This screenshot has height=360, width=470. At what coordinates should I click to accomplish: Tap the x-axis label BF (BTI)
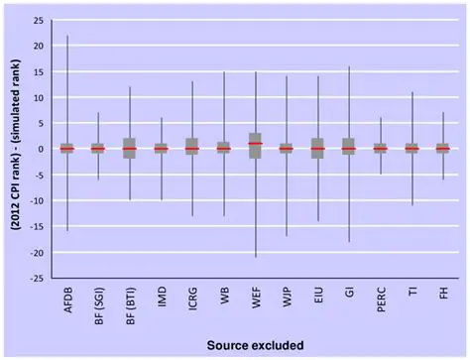pyautogui.click(x=130, y=304)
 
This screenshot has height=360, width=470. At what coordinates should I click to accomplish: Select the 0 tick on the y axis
pyautogui.click(x=39, y=149)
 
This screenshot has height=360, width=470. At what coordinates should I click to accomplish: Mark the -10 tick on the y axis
pyautogui.click(x=34, y=200)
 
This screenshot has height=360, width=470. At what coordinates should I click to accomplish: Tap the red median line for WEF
pyautogui.click(x=255, y=144)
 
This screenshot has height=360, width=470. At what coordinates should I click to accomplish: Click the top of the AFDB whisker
pyautogui.click(x=67, y=36)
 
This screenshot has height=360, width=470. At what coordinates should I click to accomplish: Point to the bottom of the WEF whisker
pyautogui.click(x=255, y=257)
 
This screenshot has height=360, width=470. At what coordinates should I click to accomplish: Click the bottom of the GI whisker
pyautogui.click(x=349, y=241)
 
